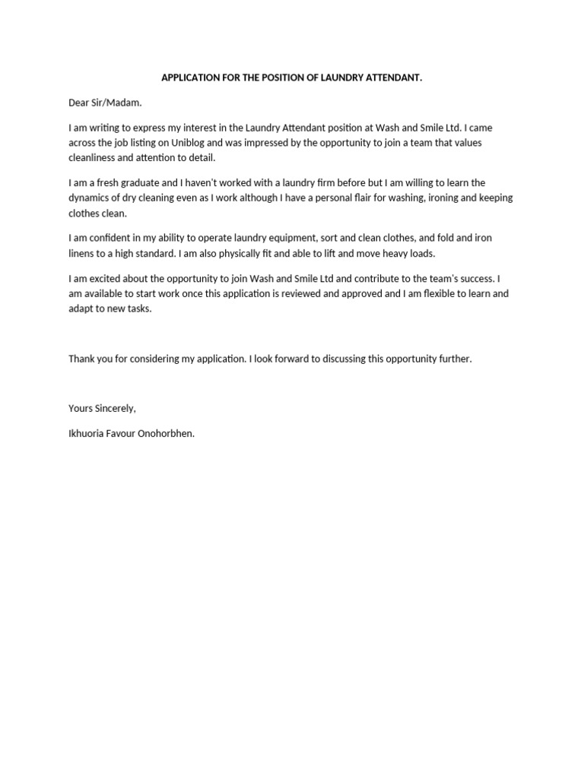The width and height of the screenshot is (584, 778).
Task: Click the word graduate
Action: (139, 183)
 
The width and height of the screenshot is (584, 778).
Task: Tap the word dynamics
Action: (90, 198)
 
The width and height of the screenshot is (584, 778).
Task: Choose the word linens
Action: (81, 253)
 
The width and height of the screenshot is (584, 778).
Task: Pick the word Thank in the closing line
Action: (82, 359)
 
